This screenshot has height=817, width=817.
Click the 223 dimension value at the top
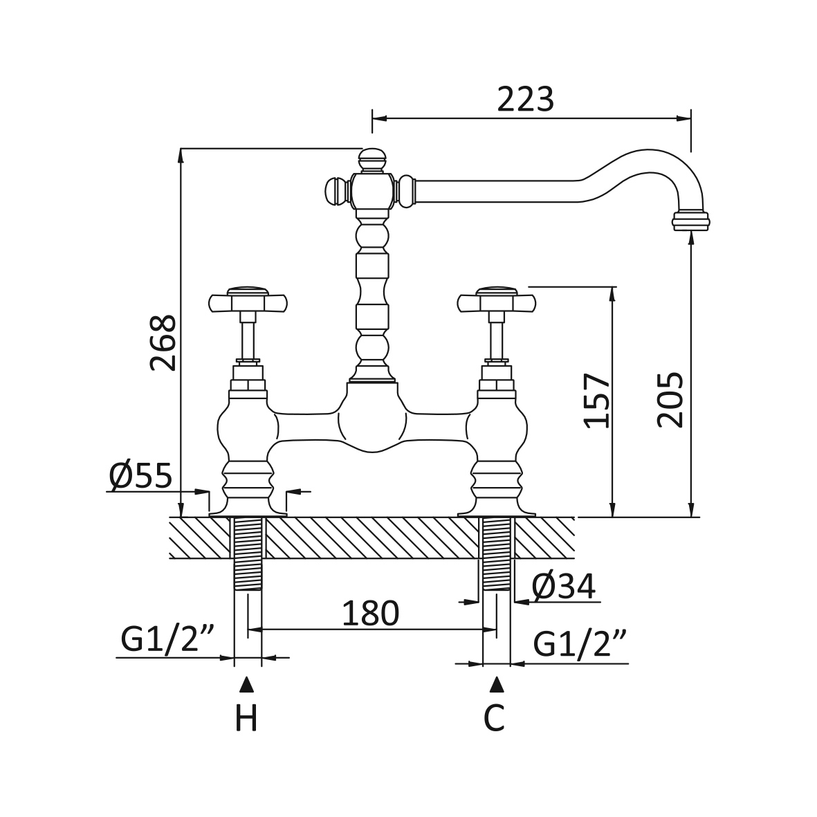pyautogui.click(x=526, y=100)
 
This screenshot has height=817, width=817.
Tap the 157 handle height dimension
pyautogui.click(x=596, y=401)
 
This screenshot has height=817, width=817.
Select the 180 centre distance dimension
pyautogui.click(x=372, y=613)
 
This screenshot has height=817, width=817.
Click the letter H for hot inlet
pyautogui.click(x=246, y=718)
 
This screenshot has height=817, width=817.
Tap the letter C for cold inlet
pyautogui.click(x=494, y=718)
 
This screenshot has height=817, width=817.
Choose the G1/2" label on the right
pyautogui.click(x=580, y=645)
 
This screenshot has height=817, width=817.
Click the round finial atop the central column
pyautogui.click(x=373, y=158)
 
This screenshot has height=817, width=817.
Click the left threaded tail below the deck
pyautogui.click(x=248, y=553)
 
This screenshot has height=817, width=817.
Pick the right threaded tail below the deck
pyautogui.click(x=496, y=553)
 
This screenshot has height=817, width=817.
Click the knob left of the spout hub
pyautogui.click(x=335, y=190)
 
